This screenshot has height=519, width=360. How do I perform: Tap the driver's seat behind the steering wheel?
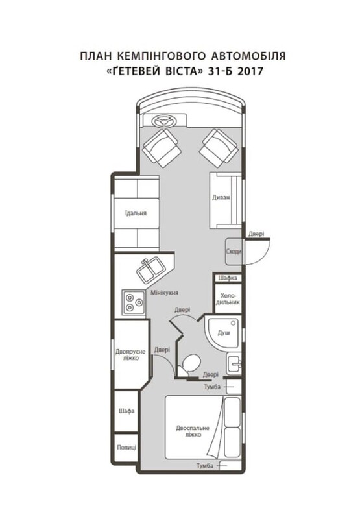point(162,148)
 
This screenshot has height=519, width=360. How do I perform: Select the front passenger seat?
point(219,148)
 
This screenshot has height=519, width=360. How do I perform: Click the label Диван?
point(221,198)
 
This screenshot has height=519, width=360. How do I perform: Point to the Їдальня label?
point(136,213)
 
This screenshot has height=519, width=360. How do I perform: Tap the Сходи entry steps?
point(234,252)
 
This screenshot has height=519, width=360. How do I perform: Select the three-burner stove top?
point(134,302)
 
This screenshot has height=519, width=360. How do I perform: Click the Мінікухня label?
point(165,293)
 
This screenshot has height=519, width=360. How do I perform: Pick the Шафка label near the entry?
point(228,278)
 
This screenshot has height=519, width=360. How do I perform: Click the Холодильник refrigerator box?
point(228,298)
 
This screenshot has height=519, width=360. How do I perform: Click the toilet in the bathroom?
point(189,365)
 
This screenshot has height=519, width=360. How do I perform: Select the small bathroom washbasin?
point(234,364)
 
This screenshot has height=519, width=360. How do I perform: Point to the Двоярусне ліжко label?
point(130,354)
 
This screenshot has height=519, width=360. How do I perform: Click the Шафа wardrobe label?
point(126,411)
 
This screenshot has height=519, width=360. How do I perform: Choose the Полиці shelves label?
point(126,447)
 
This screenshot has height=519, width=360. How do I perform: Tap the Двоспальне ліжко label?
point(193,431)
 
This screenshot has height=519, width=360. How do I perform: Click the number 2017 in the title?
point(250,71)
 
